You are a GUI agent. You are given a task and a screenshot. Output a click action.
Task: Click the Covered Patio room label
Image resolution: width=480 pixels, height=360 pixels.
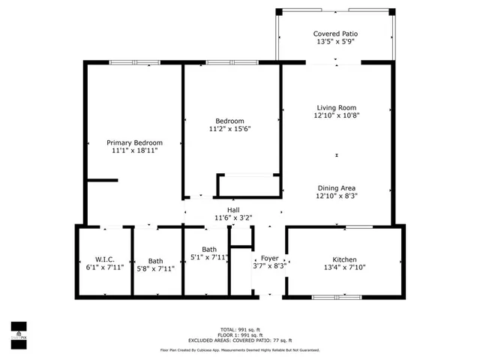click(335, 34)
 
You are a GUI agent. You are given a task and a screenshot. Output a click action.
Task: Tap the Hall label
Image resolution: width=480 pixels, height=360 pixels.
click(234, 210)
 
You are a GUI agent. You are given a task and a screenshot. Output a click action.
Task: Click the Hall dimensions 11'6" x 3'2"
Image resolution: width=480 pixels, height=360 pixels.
click(234, 218)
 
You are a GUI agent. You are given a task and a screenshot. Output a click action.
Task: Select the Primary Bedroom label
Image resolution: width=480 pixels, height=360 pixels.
click(134, 142)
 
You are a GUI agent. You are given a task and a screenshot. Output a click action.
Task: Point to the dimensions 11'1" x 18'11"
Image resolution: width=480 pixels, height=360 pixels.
click(134, 151)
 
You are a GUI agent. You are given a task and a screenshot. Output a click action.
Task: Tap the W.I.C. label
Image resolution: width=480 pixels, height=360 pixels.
click(104, 260)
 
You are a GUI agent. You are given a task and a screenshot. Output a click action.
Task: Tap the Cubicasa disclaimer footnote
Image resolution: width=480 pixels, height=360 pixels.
click(239, 349)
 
